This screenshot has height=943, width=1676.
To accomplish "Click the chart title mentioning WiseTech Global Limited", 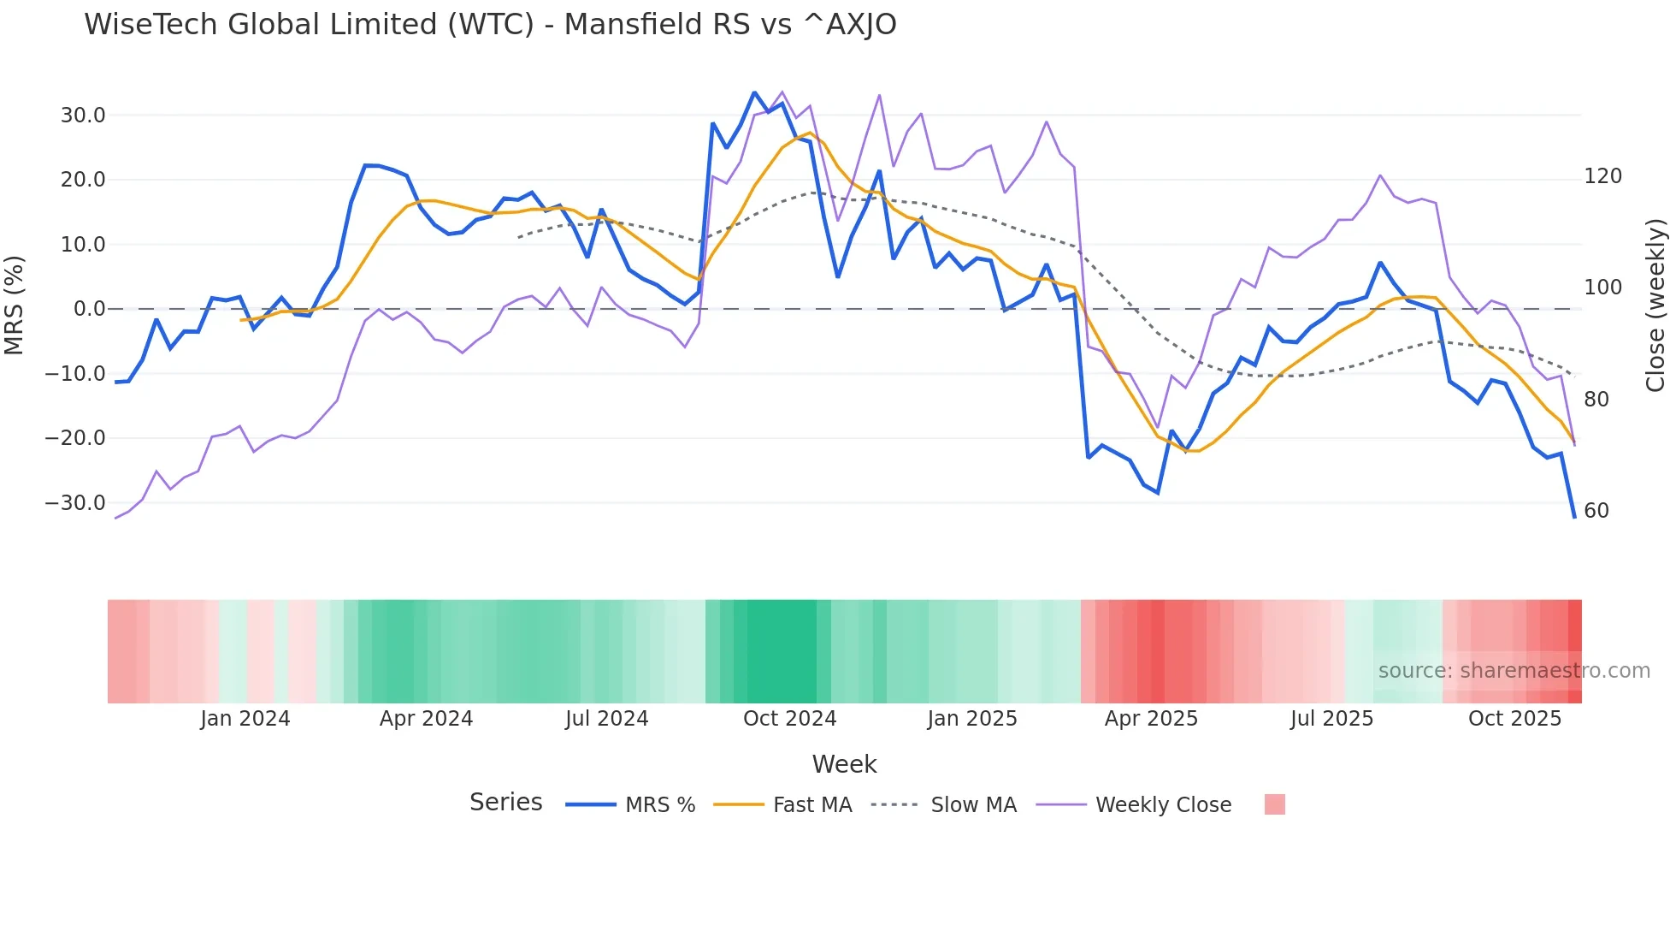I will click(x=490, y=25).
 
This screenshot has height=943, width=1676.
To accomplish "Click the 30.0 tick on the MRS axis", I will click(x=83, y=116).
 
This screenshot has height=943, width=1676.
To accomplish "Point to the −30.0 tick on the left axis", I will click(x=75, y=503).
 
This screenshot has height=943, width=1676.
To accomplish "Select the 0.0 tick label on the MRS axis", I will click(x=89, y=309).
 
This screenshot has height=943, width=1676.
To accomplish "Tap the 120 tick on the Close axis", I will click(x=1602, y=176).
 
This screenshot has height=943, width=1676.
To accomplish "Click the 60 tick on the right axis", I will click(x=1596, y=511).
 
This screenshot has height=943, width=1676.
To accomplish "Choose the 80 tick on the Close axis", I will click(x=1596, y=400).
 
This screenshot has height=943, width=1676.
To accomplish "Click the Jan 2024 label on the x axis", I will click(x=245, y=719).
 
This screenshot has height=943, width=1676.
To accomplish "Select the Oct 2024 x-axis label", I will click(x=789, y=719).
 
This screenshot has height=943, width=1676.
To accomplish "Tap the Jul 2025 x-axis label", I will click(x=1331, y=719).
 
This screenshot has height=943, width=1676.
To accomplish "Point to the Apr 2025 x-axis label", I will click(x=1151, y=719).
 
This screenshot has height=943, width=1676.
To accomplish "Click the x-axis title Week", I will click(x=844, y=764).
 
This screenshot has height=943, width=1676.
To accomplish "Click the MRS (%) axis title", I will click(x=15, y=305).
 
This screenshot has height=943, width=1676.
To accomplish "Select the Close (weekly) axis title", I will click(x=1656, y=305).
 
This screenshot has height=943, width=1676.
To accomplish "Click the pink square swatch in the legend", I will click(x=1274, y=804).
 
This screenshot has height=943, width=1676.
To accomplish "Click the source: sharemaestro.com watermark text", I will click(x=1514, y=671).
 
